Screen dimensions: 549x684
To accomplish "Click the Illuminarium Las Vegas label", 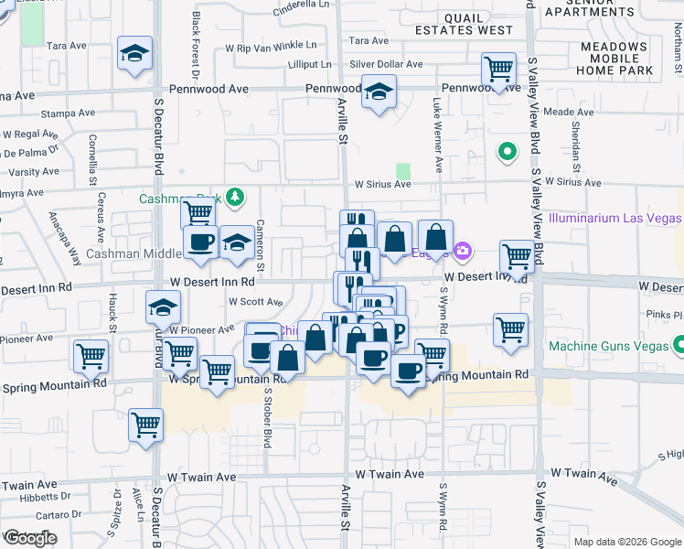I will click(615, 218).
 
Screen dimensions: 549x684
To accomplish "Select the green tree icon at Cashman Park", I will click(236, 196).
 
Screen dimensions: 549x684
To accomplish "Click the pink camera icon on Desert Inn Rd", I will click(464, 250).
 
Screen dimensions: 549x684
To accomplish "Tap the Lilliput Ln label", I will click(309, 64).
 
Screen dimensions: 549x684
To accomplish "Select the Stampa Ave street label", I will click(73, 113).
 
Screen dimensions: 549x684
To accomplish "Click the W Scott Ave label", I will click(255, 301).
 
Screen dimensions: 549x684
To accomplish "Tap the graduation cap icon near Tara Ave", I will click(134, 54).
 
